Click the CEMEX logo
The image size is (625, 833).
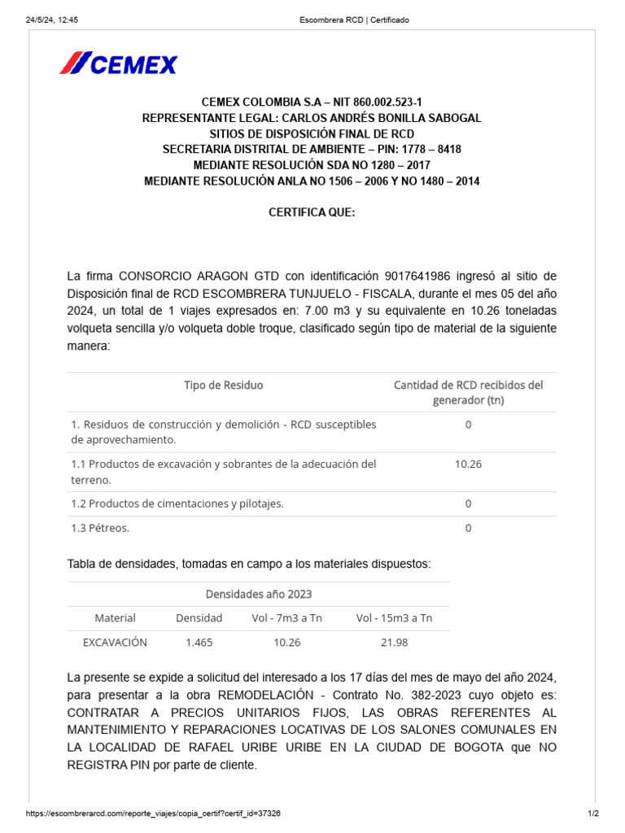click(x=118, y=63)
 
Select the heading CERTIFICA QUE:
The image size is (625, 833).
click(x=312, y=212)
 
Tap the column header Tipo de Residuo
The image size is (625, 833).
click(x=224, y=385)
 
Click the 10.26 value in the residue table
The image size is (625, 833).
click(x=468, y=464)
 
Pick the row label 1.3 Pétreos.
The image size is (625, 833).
click(x=100, y=528)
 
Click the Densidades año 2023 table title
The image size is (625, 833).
click(x=259, y=594)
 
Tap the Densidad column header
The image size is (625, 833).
click(x=199, y=618)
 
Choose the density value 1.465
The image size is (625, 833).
click(x=199, y=642)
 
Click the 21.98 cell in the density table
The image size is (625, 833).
click(x=394, y=642)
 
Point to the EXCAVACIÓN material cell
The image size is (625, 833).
click(x=115, y=642)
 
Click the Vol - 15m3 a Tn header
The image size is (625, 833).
click(x=394, y=618)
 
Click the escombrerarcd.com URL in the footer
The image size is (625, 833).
click(x=154, y=813)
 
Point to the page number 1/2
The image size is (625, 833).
click(x=593, y=813)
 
